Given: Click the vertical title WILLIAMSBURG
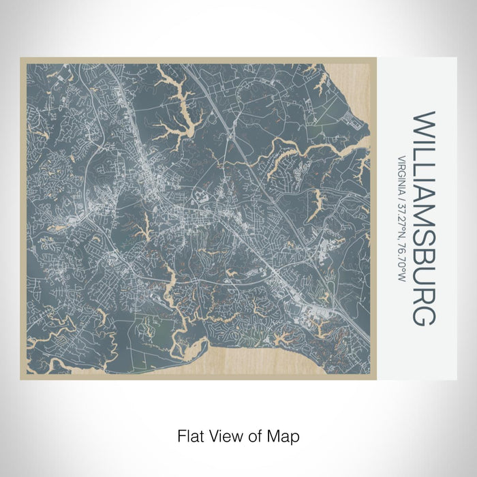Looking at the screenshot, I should pos(422,219).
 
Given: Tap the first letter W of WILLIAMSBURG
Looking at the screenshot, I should pos(422,123).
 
